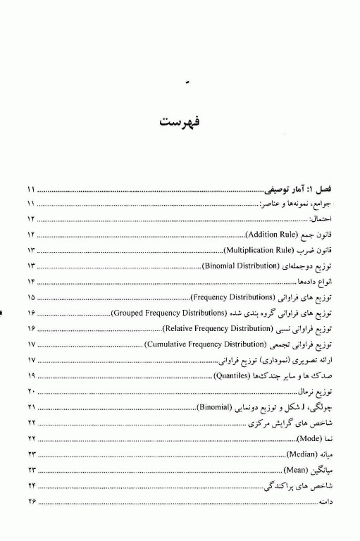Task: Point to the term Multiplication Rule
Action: [x=257, y=250]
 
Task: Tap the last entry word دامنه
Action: [x=329, y=502]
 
